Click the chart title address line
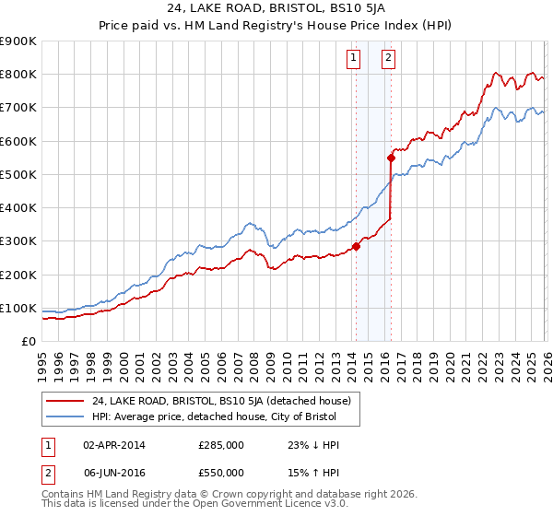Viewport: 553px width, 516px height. click(x=276, y=10)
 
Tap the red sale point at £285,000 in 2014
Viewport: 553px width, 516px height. click(x=356, y=246)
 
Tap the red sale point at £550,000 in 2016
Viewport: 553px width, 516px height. click(x=391, y=158)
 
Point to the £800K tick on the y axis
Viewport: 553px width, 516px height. click(x=18, y=75)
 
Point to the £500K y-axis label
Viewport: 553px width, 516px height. click(x=18, y=174)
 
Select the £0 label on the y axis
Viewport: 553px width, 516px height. click(x=28, y=342)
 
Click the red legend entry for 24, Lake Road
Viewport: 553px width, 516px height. click(x=221, y=401)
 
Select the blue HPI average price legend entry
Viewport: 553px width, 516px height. click(x=214, y=417)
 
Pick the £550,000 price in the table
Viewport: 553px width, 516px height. click(x=220, y=472)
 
